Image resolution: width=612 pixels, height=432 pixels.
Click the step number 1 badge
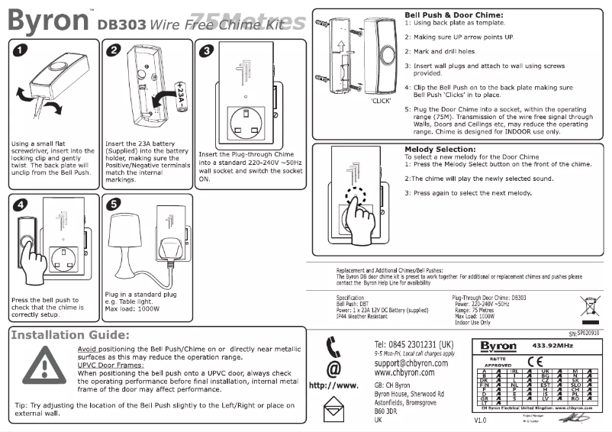click(x=21, y=51)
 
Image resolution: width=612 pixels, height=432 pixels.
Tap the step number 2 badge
click(x=115, y=51)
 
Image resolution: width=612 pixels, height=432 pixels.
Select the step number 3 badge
click(x=205, y=51)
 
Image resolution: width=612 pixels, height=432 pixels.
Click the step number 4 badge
click(x=21, y=205)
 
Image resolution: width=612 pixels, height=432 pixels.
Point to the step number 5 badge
click(x=114, y=205)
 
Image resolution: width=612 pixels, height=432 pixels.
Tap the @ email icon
click(x=333, y=370)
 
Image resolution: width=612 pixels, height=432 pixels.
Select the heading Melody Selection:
click(x=440, y=149)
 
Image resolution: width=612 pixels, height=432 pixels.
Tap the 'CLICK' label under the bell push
click(x=381, y=100)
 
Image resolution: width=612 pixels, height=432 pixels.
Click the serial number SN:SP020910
click(x=584, y=334)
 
